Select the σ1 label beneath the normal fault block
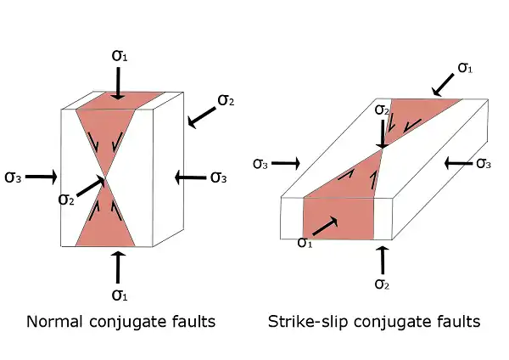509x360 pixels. click(120, 295)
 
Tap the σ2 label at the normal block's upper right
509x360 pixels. click(227, 100)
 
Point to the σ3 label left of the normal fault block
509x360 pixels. click(14, 177)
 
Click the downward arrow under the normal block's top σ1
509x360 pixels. click(119, 83)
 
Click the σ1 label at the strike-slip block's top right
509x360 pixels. click(465, 66)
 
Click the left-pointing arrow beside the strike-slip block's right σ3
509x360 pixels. click(458, 162)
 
